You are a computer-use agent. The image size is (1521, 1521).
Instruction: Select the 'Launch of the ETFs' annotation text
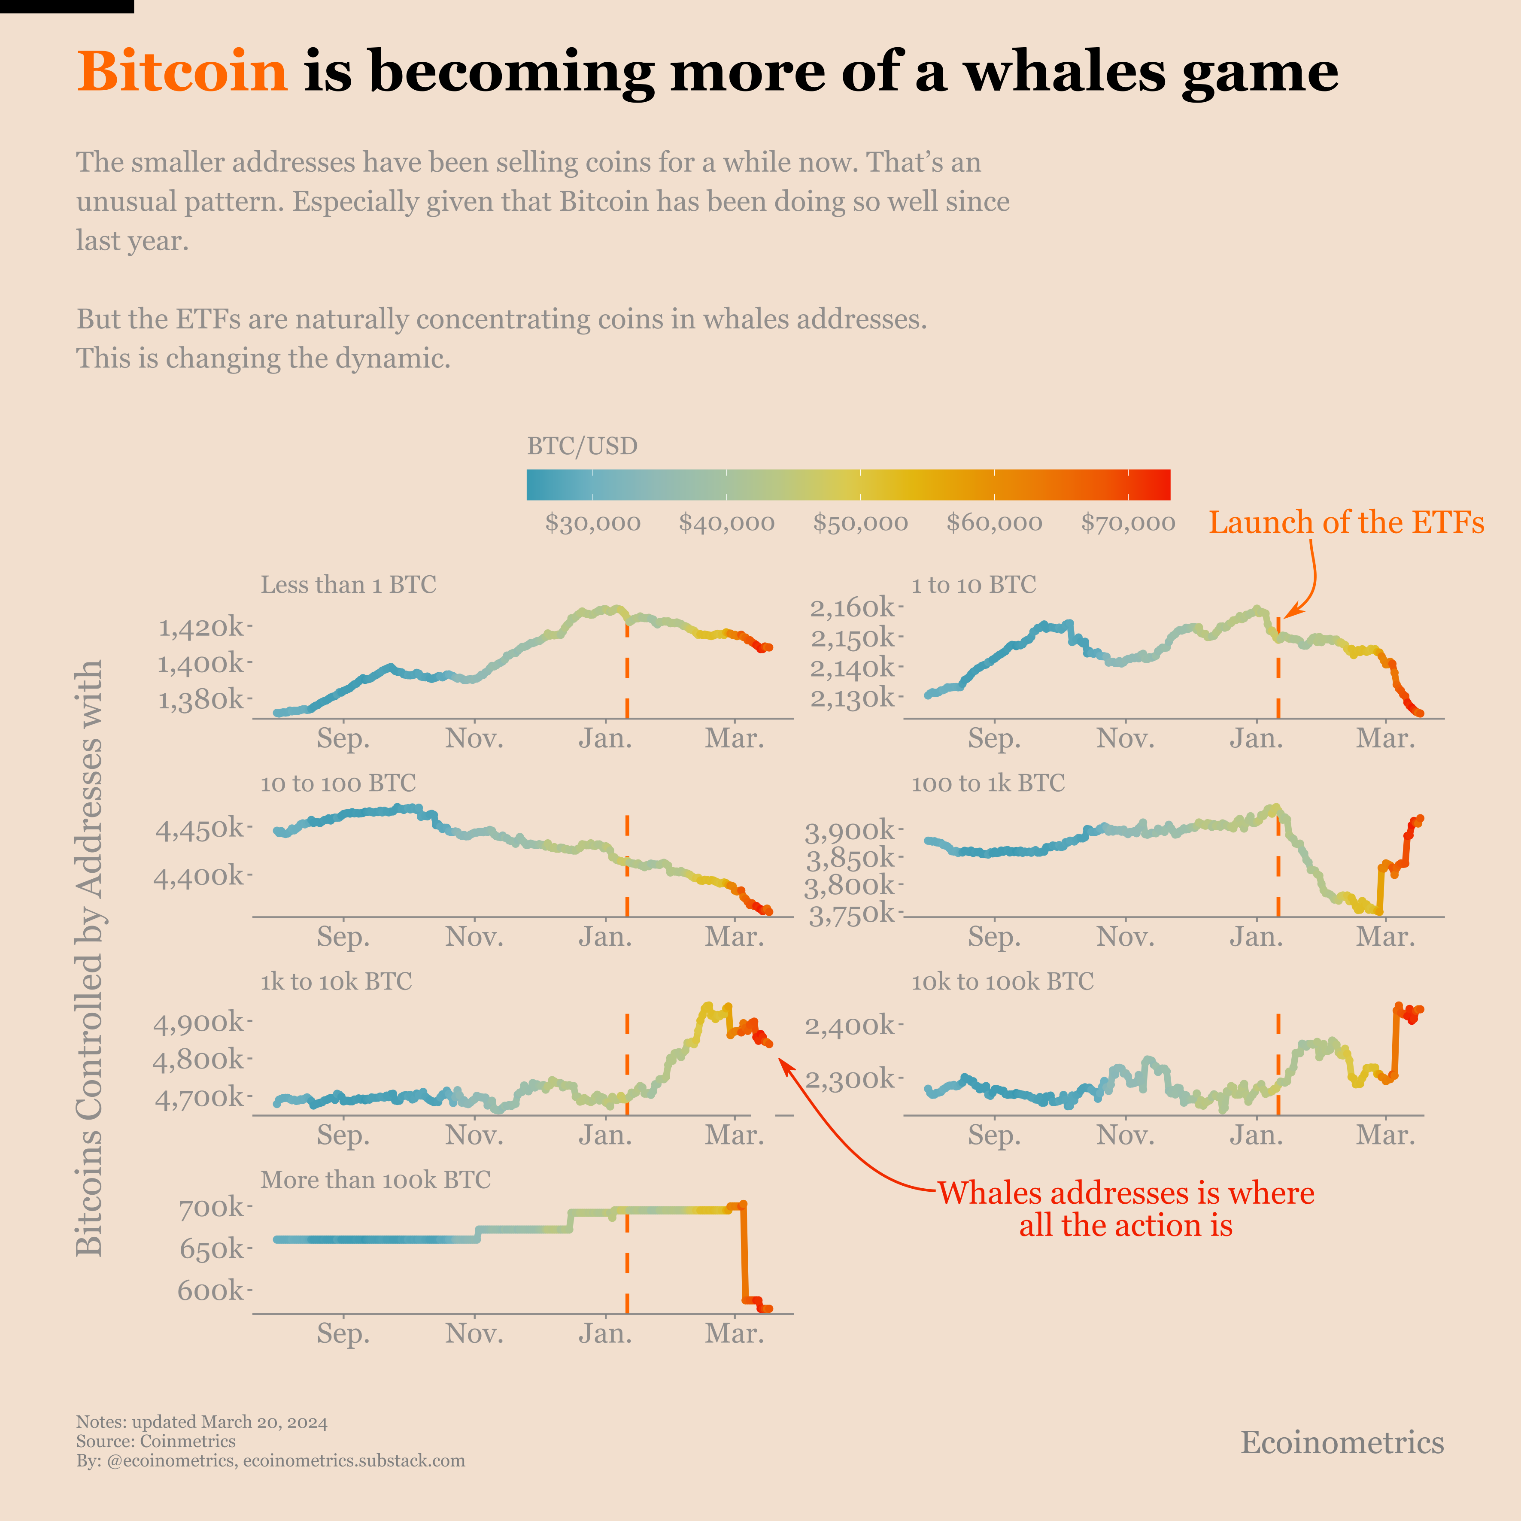coord(1346,523)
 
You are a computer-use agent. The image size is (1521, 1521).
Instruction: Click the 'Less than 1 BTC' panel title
coord(348,585)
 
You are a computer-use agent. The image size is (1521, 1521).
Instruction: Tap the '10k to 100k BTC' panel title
coord(1002,982)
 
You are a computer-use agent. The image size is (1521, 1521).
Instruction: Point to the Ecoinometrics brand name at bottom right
coord(1342,1443)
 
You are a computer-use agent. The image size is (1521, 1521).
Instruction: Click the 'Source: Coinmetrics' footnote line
coord(156,1442)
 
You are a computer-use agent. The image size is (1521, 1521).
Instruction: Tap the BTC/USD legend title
coord(582,446)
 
